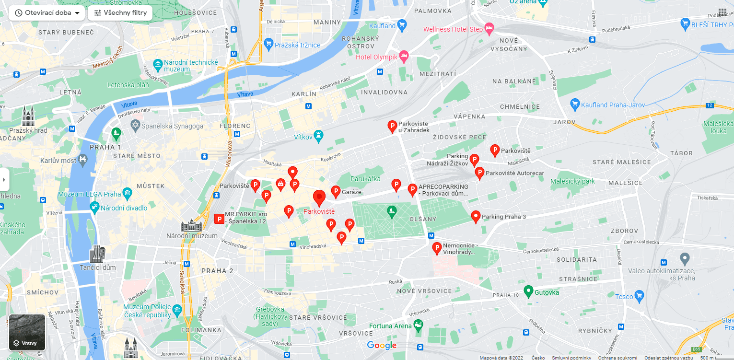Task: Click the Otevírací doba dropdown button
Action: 47,13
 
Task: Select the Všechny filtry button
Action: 120,13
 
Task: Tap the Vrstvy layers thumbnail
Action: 27,332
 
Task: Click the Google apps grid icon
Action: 722,12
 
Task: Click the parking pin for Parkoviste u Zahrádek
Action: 392,126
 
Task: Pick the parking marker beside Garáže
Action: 336,191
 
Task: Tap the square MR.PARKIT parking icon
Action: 219,219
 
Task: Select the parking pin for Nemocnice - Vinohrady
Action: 437,248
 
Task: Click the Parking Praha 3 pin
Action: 476,217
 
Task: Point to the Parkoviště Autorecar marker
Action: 479,173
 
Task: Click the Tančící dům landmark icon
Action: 97,254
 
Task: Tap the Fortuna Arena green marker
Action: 419,325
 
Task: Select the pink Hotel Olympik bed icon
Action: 404,57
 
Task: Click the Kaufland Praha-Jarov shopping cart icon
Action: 575,105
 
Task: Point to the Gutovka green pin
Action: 528,291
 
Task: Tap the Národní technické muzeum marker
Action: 158,64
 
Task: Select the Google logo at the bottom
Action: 382,345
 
